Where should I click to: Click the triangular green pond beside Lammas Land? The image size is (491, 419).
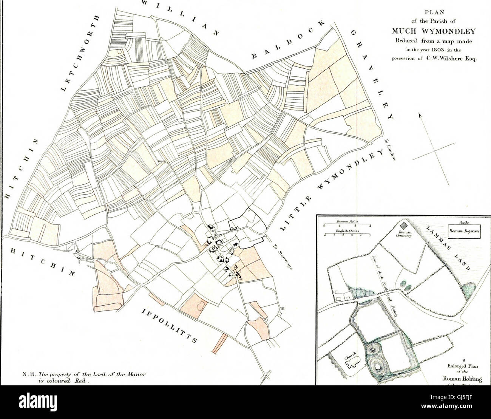(x=470, y=291)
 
